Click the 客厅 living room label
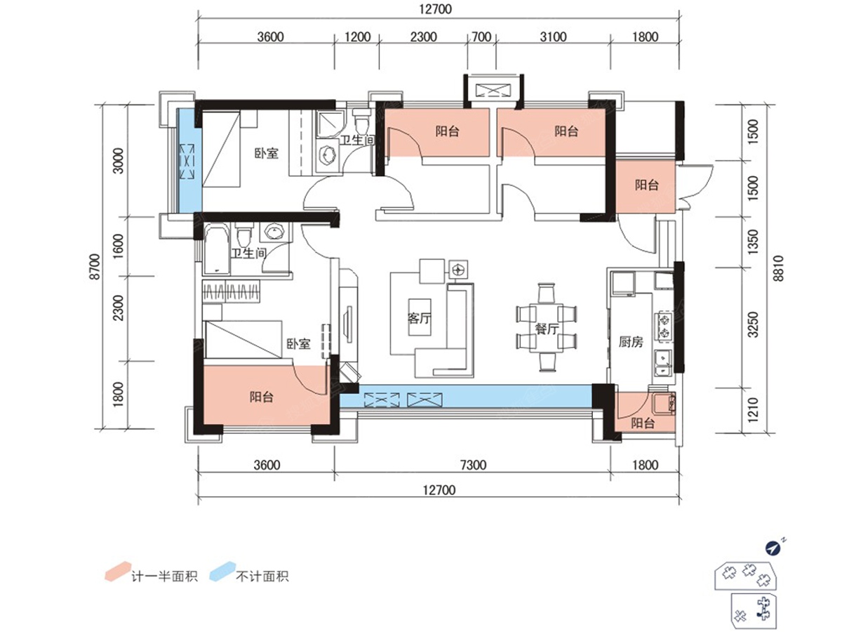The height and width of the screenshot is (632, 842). tap(419, 318)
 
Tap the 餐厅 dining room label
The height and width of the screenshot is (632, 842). tap(547, 329)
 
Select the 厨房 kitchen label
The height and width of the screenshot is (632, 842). tap(631, 341)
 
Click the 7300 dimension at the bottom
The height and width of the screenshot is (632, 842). tap(473, 465)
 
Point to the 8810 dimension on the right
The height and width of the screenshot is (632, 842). tap(778, 269)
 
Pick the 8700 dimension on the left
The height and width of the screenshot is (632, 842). tap(94, 266)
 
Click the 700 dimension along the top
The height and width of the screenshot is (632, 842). tap(481, 37)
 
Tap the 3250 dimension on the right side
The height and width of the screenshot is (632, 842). tap(754, 324)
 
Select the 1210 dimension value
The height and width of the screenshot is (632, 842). tap(754, 409)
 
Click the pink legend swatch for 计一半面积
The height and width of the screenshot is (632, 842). tap(118, 571)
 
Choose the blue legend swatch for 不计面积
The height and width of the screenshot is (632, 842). tap(222, 571)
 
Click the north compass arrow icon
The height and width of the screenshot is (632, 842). tap(773, 548)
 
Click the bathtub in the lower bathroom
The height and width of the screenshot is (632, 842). tap(217, 249)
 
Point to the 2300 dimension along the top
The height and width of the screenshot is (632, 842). tap(423, 37)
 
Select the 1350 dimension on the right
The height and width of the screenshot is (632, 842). tap(754, 241)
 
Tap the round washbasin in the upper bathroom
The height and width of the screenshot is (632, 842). tap(327, 156)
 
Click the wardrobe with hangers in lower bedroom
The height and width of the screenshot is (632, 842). tap(231, 291)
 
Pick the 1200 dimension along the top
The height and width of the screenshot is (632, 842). tap(358, 37)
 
